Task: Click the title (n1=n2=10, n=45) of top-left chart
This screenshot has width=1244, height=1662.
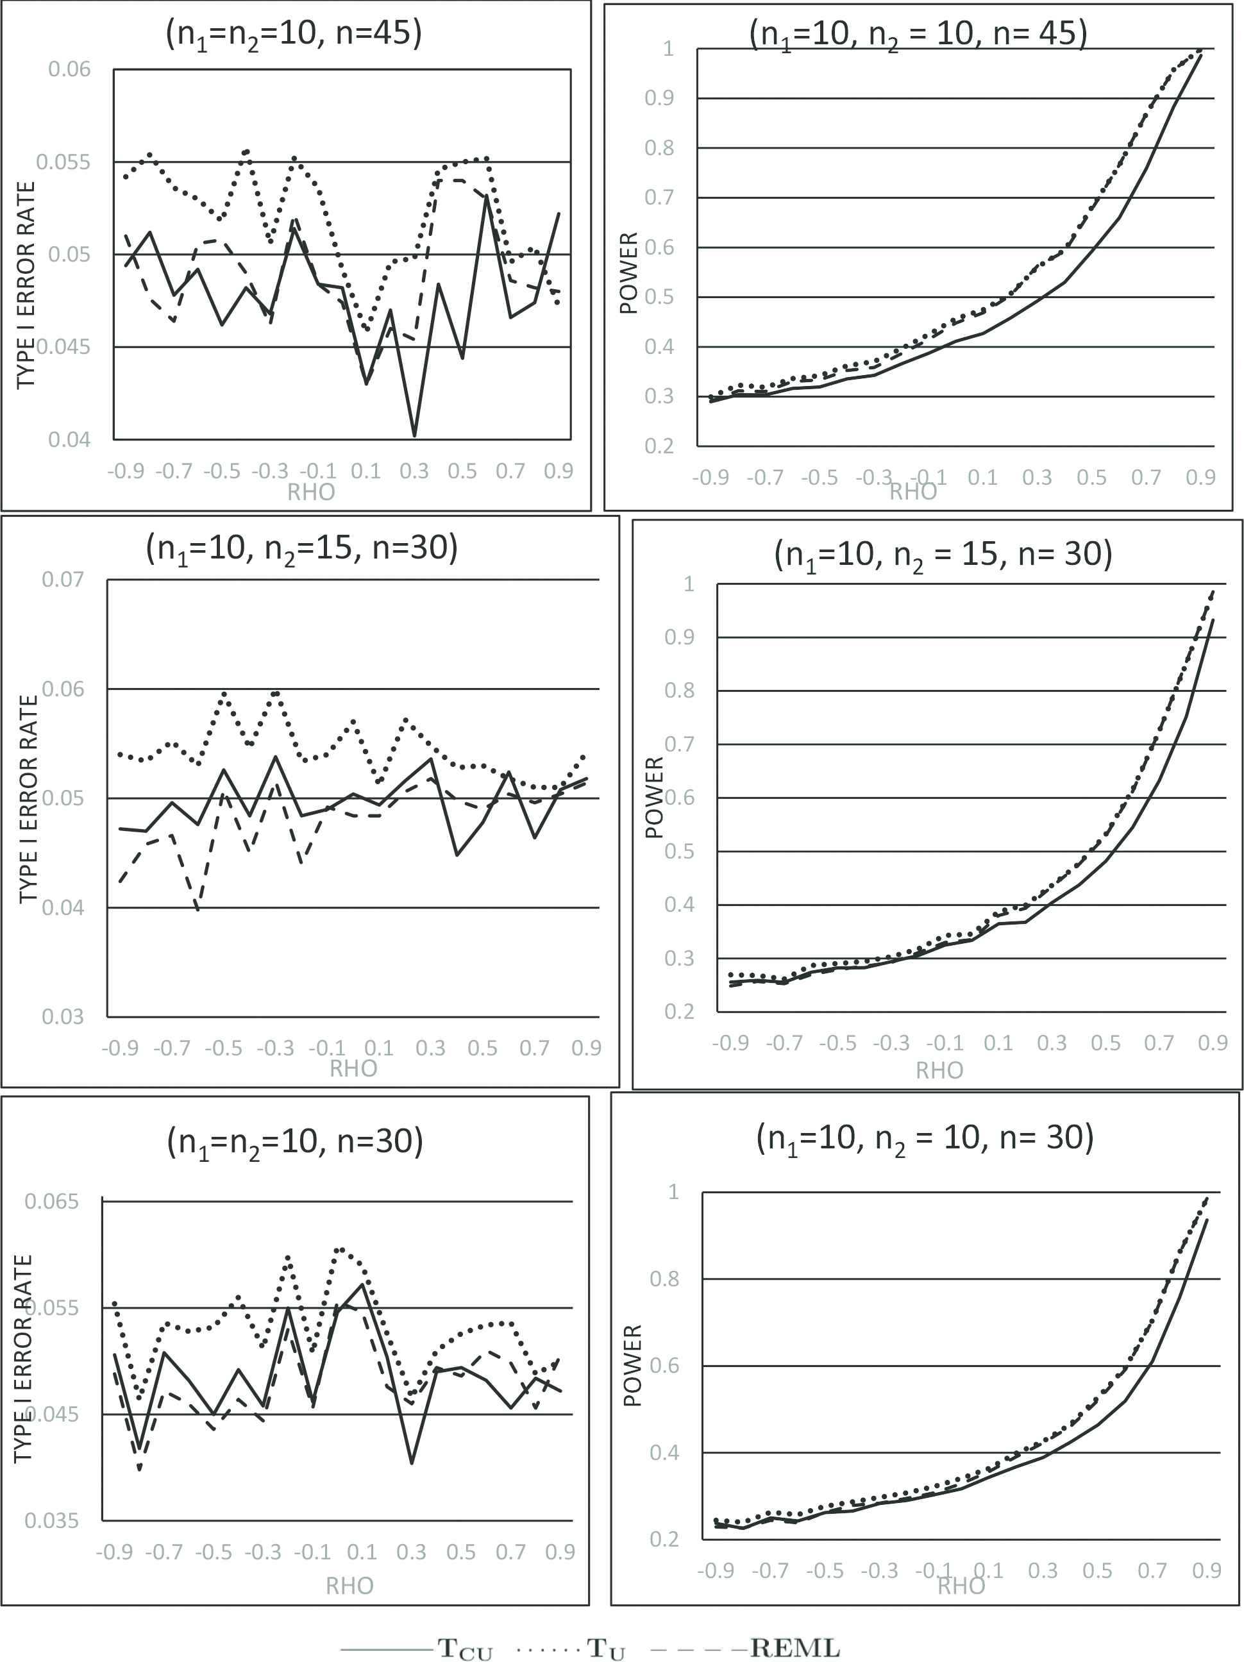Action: pyautogui.click(x=294, y=34)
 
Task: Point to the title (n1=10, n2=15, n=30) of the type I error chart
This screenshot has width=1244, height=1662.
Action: pyautogui.click(x=301, y=548)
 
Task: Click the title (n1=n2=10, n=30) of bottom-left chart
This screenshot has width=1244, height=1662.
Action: pyautogui.click(x=295, y=1141)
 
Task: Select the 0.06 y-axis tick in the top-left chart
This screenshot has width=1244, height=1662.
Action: pyautogui.click(x=69, y=69)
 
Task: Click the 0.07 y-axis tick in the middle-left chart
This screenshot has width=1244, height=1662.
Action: pyautogui.click(x=62, y=579)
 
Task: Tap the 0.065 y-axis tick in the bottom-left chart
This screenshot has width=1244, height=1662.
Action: pyautogui.click(x=51, y=1202)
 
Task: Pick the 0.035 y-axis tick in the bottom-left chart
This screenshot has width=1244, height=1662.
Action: pyautogui.click(x=51, y=1521)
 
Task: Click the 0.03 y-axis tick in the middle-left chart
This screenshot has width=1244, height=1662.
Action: pyautogui.click(x=62, y=1016)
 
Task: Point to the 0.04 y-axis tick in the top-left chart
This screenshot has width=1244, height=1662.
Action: pyautogui.click(x=69, y=439)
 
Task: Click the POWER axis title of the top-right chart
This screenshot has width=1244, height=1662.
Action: pyautogui.click(x=628, y=273)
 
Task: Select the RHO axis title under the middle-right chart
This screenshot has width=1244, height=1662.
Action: pyautogui.click(x=938, y=1070)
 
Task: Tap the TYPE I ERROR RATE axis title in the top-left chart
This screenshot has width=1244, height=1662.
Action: pyautogui.click(x=26, y=285)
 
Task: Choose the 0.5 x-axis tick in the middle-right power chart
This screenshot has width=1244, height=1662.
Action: pyautogui.click(x=1105, y=1043)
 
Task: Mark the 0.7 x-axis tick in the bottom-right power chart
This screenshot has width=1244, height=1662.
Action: pyautogui.click(x=1152, y=1570)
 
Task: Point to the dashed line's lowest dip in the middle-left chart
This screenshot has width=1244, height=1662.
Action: pyautogui.click(x=198, y=910)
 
